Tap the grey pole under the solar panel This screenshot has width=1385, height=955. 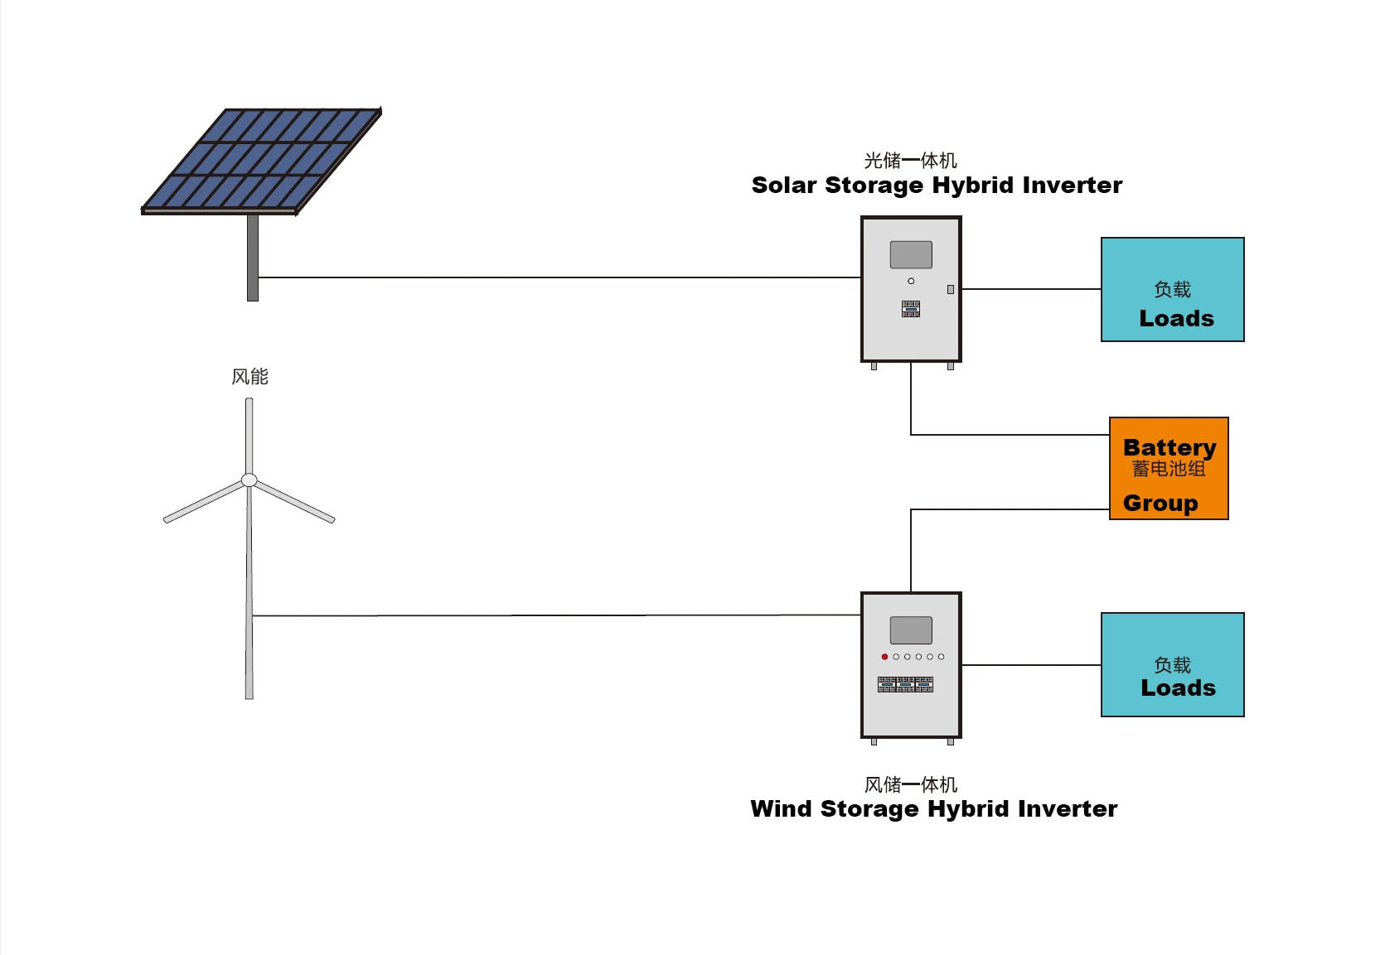[253, 257]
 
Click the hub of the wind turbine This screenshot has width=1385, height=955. [249, 480]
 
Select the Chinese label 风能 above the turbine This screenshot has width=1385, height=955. [249, 377]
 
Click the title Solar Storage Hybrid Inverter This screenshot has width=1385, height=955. [937, 185]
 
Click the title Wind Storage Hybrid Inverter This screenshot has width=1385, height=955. [933, 808]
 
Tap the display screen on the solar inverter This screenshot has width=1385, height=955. [911, 254]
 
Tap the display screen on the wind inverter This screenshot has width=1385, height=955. [911, 629]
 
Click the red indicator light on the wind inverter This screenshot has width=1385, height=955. [884, 657]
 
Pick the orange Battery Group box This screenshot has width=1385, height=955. [1169, 469]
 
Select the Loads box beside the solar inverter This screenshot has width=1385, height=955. [1172, 289]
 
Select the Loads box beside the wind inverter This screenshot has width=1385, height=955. [1172, 664]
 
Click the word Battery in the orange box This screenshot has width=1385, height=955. [1170, 447]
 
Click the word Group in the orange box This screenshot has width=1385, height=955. [1160, 503]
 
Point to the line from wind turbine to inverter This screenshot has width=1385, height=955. [555, 615]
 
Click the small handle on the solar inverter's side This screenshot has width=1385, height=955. [951, 289]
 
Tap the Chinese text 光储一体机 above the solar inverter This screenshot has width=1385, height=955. [910, 161]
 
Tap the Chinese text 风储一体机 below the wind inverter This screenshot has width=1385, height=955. [910, 784]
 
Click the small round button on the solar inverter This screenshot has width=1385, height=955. [911, 281]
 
